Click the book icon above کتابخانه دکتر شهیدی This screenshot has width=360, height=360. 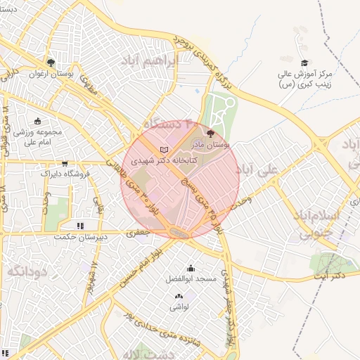pyautogui.click(x=165, y=150)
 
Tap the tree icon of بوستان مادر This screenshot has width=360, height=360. pyautogui.click(x=210, y=133)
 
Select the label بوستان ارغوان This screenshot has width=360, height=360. pyautogui.click(x=46, y=73)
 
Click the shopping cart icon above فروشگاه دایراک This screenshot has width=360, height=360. pyautogui.click(x=65, y=163)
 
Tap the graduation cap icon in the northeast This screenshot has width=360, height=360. pyautogui.click(x=304, y=63)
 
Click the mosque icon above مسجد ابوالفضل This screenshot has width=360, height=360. pyautogui.click(x=191, y=268)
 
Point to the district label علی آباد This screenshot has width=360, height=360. pyautogui.click(x=278, y=169)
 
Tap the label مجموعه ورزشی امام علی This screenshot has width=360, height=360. pyautogui.click(x=39, y=136)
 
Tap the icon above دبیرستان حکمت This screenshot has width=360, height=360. pyautogui.click(x=81, y=226)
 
